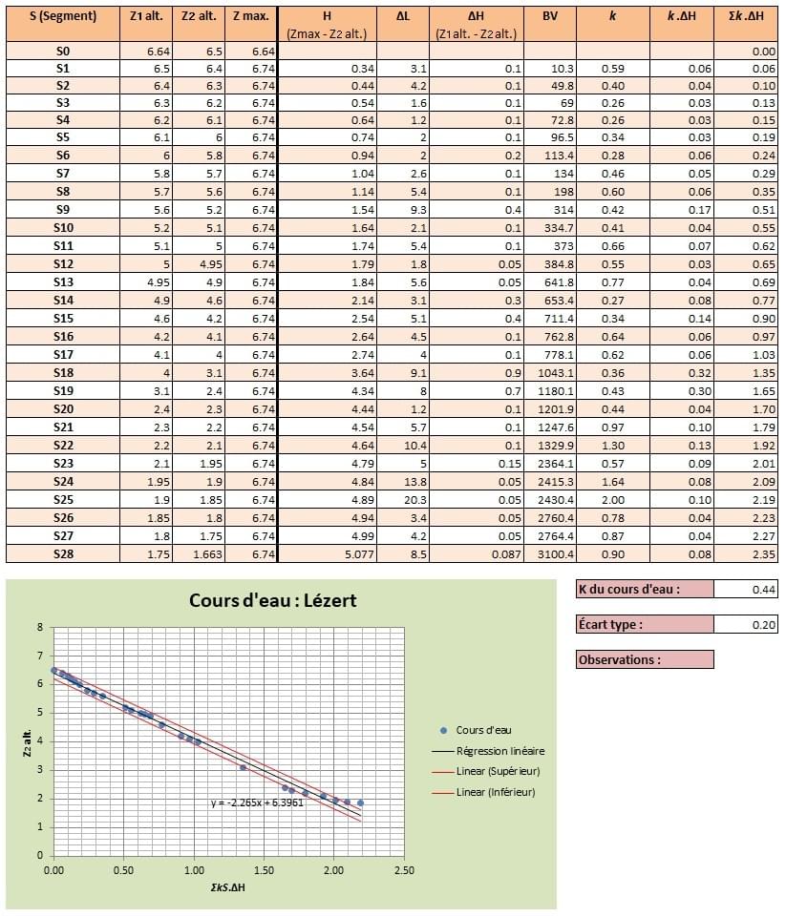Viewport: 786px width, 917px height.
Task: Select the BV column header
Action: tap(550, 16)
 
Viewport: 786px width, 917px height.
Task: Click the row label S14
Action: tap(63, 300)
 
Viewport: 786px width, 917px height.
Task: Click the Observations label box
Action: tap(645, 659)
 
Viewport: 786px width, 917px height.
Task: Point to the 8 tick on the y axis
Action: tap(39, 627)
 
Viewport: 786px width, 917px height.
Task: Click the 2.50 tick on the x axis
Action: tap(403, 870)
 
